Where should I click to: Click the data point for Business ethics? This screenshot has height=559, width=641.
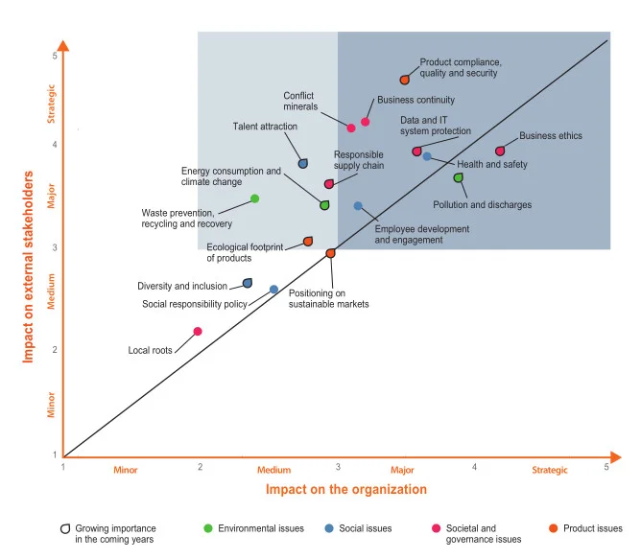[x=500, y=151]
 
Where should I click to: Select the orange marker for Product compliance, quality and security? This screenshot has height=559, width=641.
[x=405, y=80]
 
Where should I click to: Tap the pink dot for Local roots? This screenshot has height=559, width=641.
[x=198, y=332]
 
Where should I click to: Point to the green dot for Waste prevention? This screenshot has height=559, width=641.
[x=254, y=198]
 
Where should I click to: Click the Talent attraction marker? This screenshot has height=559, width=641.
[x=303, y=163]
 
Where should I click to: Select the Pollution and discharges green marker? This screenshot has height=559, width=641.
[x=459, y=177]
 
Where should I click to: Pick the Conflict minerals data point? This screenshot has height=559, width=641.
[x=351, y=128]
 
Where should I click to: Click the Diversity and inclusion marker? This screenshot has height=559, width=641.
[x=248, y=283]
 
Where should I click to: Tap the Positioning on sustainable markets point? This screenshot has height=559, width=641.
[x=330, y=253]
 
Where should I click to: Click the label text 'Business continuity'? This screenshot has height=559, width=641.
[x=415, y=100]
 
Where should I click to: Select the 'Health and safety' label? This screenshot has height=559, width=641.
[x=491, y=165]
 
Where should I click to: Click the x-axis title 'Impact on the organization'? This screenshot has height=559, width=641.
[x=345, y=489]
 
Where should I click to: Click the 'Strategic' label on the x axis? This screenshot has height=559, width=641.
[x=550, y=470]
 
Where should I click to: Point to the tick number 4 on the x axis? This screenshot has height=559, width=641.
[x=474, y=466]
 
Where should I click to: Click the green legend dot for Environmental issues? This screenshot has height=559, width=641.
[x=208, y=528]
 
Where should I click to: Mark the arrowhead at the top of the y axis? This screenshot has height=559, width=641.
[x=62, y=46]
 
